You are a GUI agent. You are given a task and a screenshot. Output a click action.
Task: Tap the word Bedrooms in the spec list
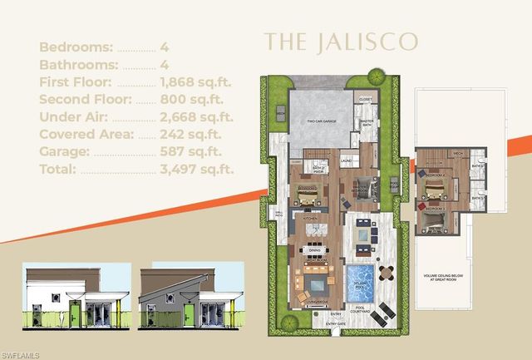point(71,47)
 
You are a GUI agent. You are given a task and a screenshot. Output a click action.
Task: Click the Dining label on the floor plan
point(315,249)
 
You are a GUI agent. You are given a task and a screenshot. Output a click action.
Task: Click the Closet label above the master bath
point(366,99)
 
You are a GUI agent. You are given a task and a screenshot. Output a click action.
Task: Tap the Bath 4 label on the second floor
point(476,175)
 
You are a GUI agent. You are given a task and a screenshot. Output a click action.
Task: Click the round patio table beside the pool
point(384,271)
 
